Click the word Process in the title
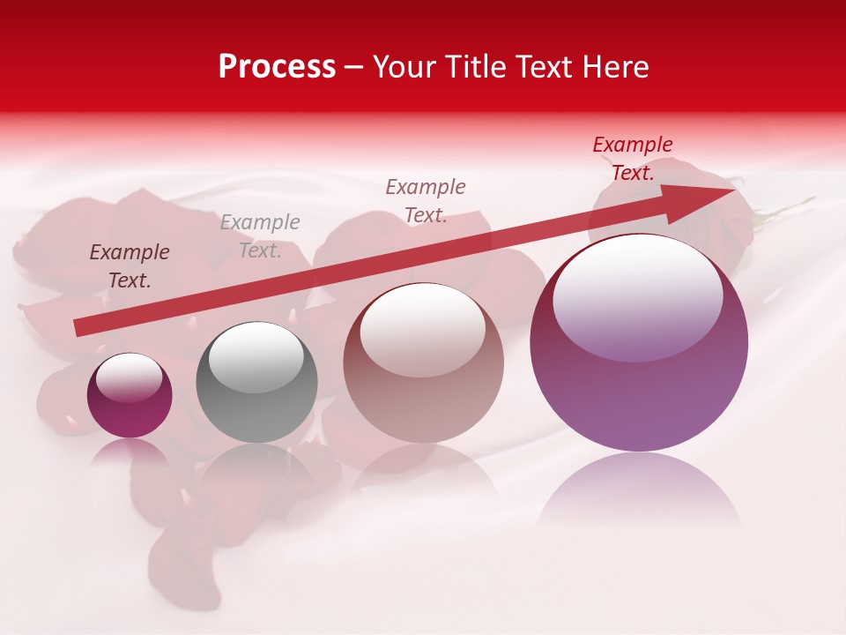click(277, 67)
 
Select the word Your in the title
click(404, 67)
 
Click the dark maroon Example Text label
click(130, 266)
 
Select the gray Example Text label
click(260, 236)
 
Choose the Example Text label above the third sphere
click(426, 201)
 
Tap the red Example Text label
click(633, 159)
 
